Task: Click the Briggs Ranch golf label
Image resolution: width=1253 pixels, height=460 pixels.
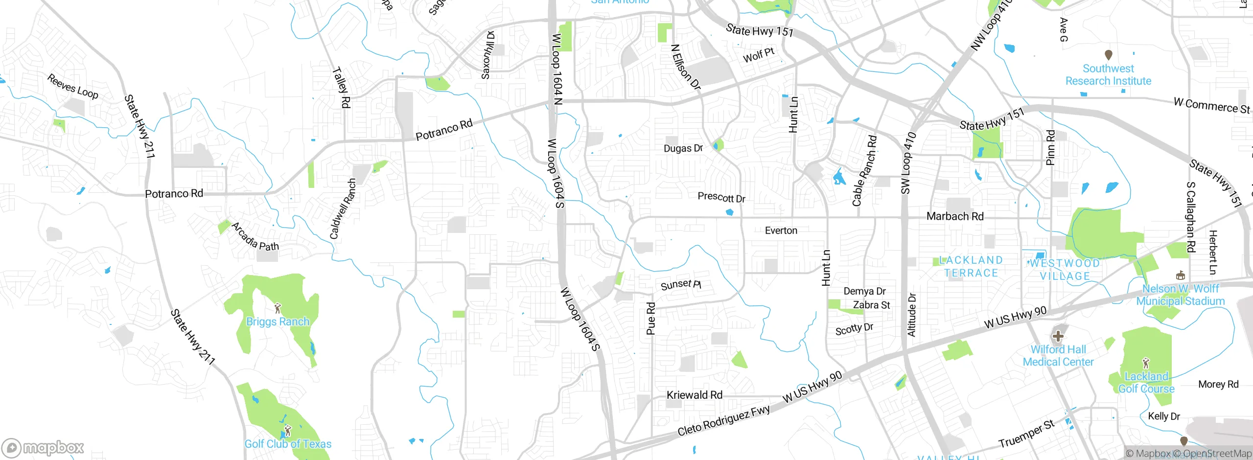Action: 278,322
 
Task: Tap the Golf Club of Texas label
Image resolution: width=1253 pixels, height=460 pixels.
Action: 288,444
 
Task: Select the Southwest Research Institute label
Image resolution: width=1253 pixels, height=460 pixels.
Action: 1108,75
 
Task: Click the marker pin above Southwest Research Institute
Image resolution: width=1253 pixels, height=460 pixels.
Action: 1109,54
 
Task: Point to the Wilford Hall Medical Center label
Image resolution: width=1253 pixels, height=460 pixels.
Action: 1058,356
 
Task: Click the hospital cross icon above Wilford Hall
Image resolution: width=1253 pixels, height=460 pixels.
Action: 1058,336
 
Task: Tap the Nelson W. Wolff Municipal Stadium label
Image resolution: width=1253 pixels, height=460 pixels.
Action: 1180,295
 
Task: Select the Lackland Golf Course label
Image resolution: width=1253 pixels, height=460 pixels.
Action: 1146,382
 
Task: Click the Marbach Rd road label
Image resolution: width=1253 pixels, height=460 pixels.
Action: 955,216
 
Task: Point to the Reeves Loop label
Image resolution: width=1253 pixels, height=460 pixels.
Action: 72,87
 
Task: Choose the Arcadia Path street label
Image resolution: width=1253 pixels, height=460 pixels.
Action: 255,237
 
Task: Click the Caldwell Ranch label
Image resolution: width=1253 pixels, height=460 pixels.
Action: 343,209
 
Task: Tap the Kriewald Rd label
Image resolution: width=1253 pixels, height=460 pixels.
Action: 694,395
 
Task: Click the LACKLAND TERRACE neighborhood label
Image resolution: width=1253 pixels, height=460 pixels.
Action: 971,267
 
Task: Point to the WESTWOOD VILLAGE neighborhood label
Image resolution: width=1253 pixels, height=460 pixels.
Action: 1065,270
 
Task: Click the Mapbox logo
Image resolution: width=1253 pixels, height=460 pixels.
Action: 43,448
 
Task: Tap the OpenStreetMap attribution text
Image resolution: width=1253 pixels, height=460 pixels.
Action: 1217,454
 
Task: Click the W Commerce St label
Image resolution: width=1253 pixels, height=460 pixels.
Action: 1211,106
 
